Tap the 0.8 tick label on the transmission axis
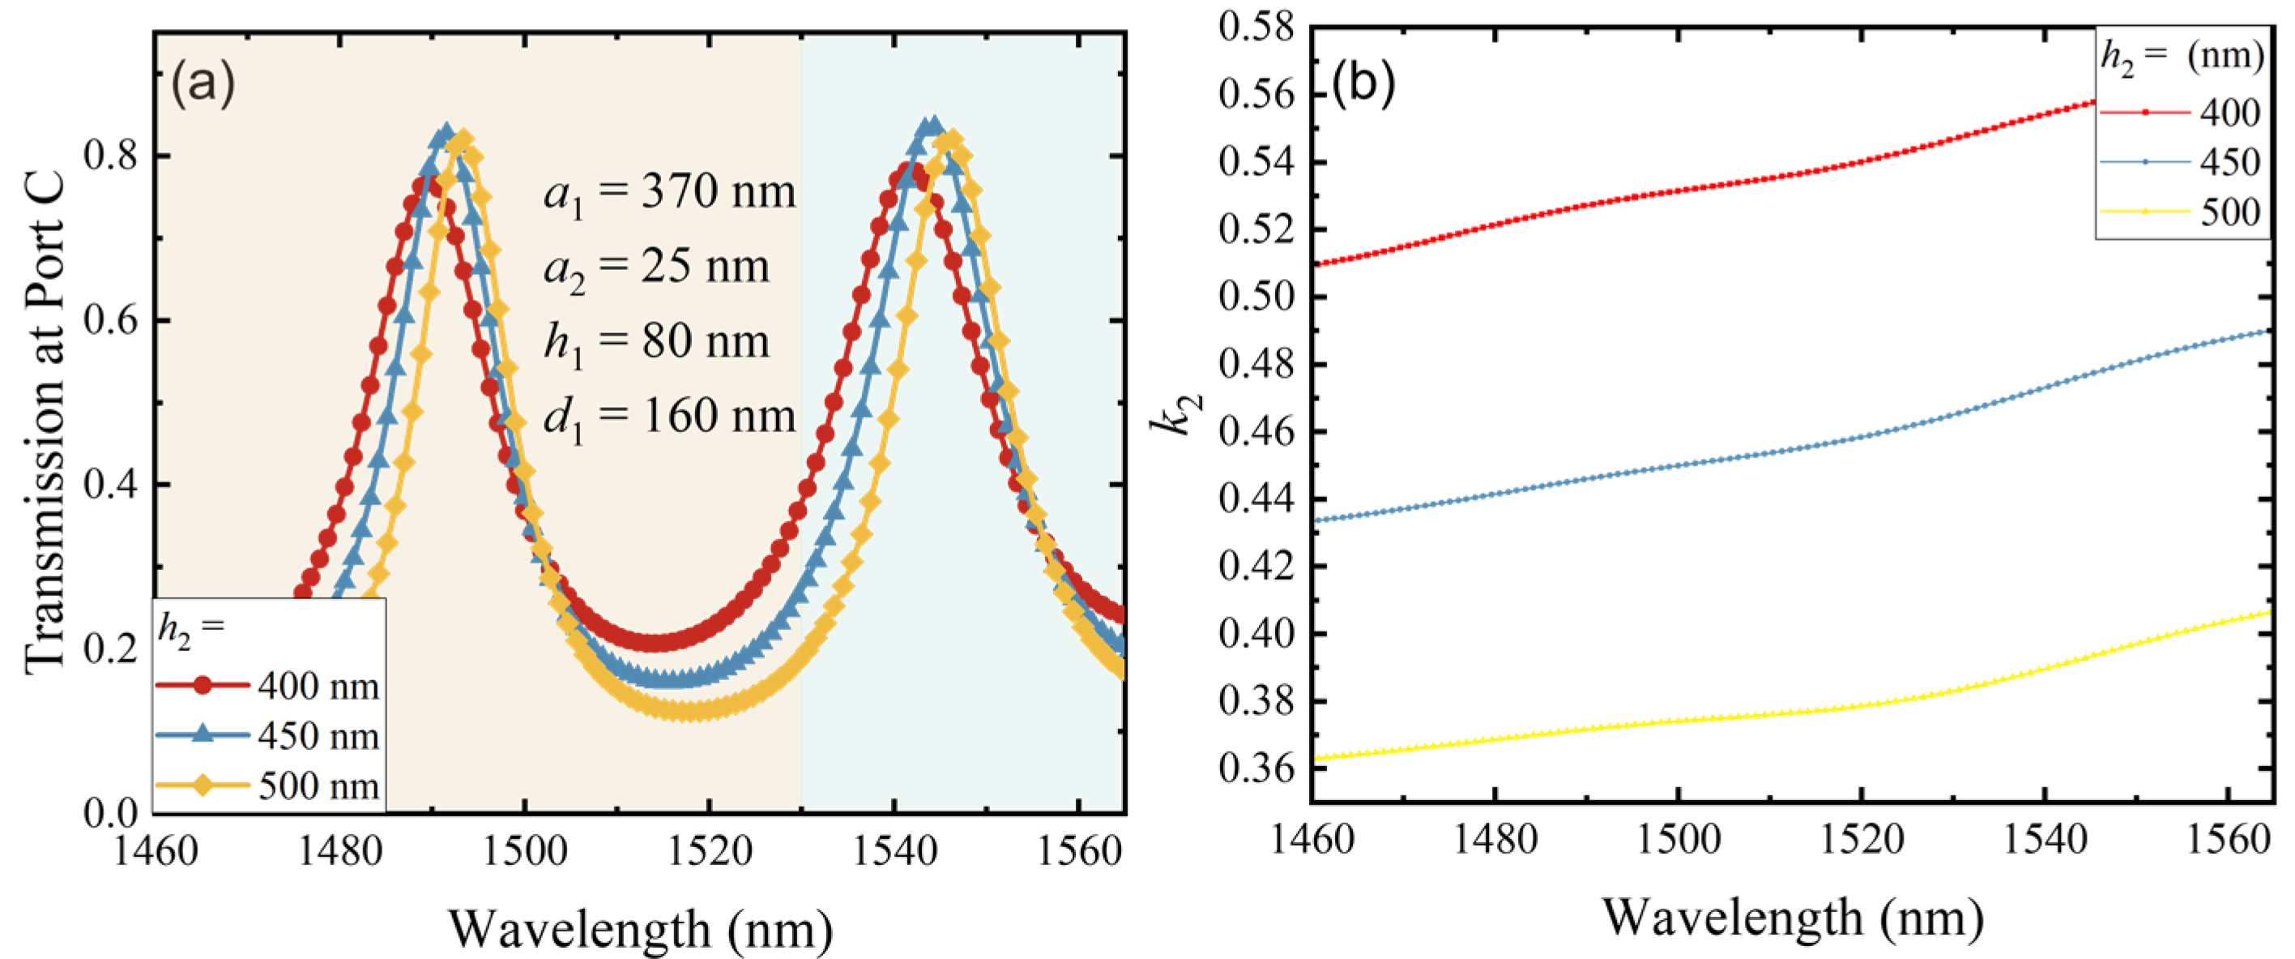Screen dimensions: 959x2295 111,156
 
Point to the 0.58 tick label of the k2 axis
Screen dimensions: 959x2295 1256,27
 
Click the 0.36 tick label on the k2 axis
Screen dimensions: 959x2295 1256,768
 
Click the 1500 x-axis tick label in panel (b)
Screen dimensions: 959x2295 1679,840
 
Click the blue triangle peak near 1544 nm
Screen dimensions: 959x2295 932,125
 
